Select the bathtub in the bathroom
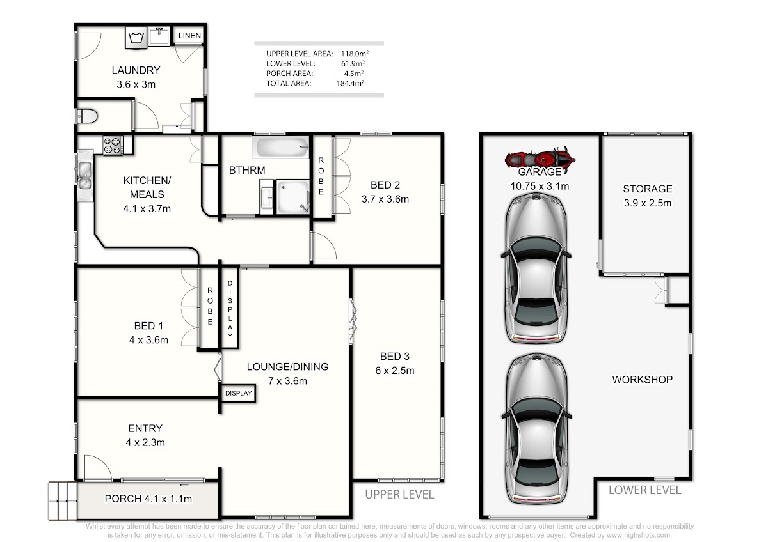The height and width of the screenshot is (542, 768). click(280, 147)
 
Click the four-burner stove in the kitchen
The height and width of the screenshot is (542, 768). click(113, 145)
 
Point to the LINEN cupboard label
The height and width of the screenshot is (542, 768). click(189, 36)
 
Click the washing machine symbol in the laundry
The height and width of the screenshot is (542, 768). click(136, 37)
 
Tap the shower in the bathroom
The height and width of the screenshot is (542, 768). click(293, 197)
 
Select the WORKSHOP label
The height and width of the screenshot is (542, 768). click(642, 380)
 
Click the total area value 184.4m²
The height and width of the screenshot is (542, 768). click(350, 83)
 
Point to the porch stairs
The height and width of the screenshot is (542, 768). click(63, 500)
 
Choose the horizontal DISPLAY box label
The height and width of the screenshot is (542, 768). click(238, 394)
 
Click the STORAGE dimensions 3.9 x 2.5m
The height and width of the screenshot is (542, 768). click(647, 203)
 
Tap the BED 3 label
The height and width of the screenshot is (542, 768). click(395, 357)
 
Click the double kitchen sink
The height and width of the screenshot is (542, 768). click(85, 175)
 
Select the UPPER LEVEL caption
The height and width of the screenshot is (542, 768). click(399, 495)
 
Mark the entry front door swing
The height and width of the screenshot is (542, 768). click(98, 467)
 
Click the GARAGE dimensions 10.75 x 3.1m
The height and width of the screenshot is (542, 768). click(540, 186)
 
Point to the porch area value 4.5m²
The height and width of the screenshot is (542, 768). click(353, 74)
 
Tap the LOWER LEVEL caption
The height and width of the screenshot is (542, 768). click(644, 490)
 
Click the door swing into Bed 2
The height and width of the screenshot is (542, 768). click(324, 246)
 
